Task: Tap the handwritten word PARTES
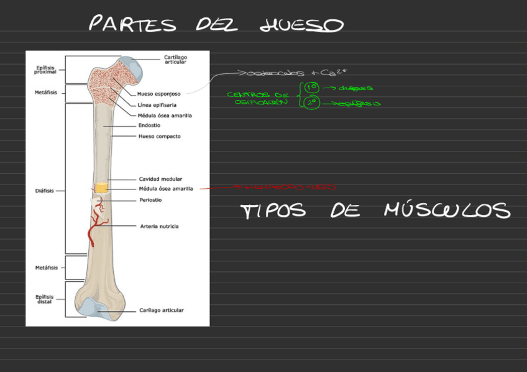pos(132,25)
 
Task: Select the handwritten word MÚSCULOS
pos(447,210)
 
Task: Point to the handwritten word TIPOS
pos(273,211)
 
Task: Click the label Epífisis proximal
pos(45,70)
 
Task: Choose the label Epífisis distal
pos(45,299)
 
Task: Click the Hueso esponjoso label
pos(159,94)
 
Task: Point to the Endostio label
pos(149,125)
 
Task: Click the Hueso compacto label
pos(159,136)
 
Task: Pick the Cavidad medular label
pos(160,179)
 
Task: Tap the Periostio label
pos(150,200)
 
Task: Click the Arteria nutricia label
pos(159,226)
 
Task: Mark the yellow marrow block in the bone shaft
pos(101,187)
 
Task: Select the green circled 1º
pos(311,89)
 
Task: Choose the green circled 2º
pos(311,103)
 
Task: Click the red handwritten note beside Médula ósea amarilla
pos(283,186)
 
